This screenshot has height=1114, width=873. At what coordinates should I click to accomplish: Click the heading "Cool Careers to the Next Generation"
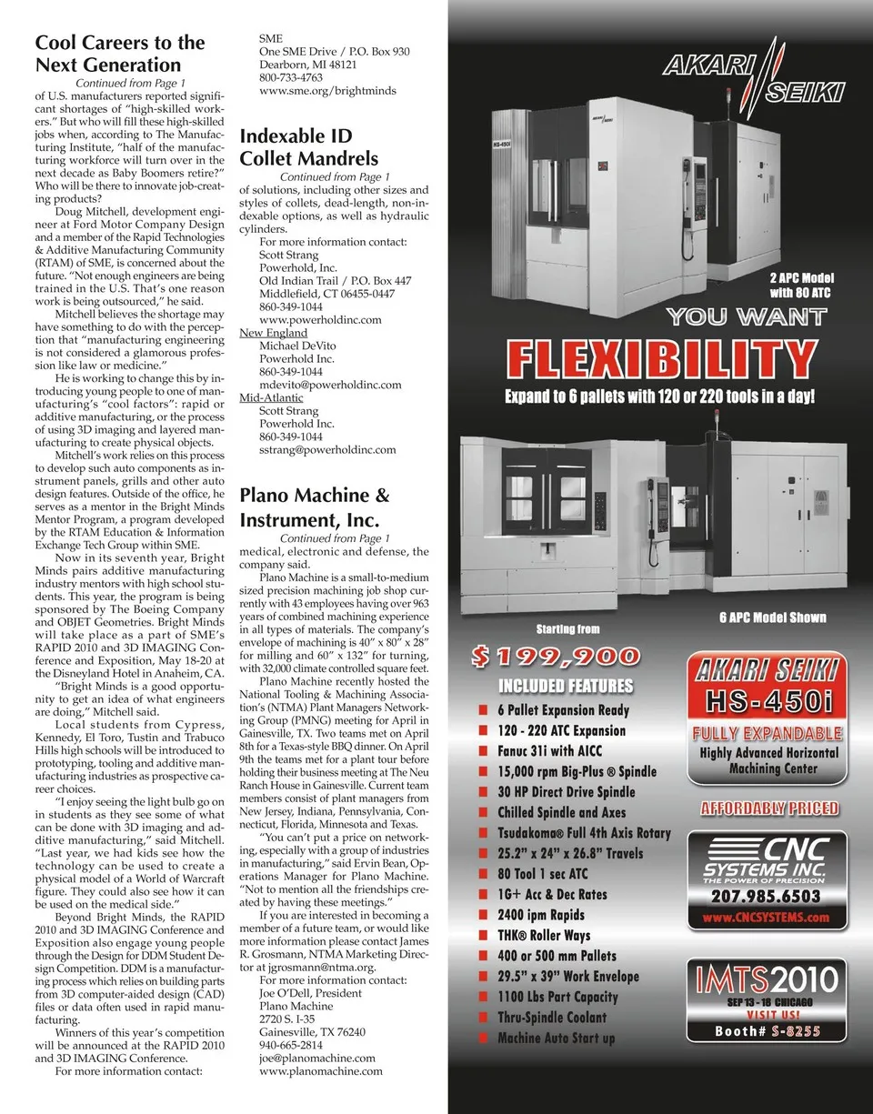point(120,54)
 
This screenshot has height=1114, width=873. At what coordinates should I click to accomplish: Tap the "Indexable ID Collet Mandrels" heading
point(308,147)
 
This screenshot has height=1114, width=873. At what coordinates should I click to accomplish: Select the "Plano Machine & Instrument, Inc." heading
point(314,507)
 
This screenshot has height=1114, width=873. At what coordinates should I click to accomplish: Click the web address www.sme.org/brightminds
point(327,91)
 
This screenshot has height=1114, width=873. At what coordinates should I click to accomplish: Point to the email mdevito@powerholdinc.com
point(330,385)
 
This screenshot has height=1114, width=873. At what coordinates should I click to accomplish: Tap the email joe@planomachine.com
point(317,1058)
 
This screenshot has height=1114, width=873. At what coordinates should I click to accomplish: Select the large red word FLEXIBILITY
point(659,360)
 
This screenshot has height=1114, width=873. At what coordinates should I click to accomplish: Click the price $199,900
point(556,656)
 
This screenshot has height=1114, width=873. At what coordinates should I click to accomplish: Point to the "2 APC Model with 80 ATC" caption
point(801,286)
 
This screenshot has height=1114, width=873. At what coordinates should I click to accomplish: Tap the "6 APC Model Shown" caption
point(772,617)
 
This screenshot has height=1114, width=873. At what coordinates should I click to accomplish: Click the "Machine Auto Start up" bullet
point(556,1038)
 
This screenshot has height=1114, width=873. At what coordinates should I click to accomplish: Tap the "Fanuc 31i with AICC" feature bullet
point(549,751)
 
